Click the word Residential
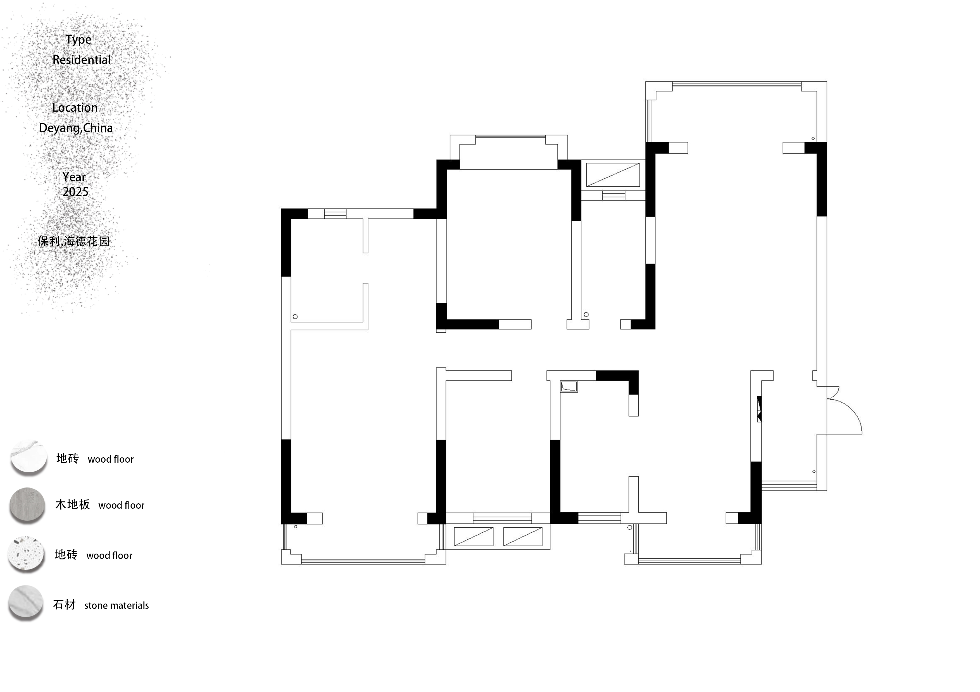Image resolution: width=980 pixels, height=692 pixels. click(82, 60)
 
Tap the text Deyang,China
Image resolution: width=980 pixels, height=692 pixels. click(76, 128)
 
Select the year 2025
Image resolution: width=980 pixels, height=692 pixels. click(75, 192)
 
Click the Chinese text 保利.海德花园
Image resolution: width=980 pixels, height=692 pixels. click(74, 241)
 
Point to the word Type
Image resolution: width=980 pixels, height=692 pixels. click(79, 40)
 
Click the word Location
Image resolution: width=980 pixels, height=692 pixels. click(75, 107)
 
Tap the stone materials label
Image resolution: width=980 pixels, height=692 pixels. click(116, 605)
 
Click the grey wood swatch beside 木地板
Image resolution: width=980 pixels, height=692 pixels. click(27, 505)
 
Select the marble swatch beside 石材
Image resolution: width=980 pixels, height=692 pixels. click(26, 602)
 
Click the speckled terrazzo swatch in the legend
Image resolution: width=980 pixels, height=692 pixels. click(26, 553)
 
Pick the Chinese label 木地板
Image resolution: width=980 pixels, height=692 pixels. click(73, 504)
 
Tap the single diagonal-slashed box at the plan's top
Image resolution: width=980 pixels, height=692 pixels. click(613, 175)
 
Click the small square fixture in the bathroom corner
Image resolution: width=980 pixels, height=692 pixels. click(569, 387)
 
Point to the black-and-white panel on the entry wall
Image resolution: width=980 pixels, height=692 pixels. click(759, 409)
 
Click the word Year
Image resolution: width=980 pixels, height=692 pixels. click(74, 177)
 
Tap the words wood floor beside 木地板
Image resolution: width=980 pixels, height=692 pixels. click(121, 505)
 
